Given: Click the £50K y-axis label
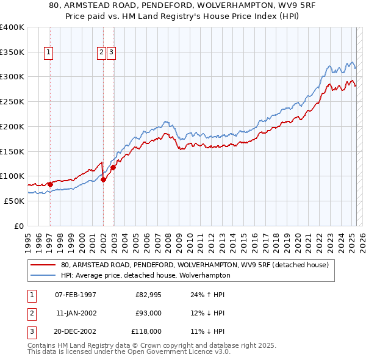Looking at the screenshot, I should click(15, 201).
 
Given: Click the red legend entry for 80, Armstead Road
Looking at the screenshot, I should click(195, 265).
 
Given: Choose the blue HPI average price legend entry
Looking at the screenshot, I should click(152, 275).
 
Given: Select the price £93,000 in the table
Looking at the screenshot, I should click(148, 313).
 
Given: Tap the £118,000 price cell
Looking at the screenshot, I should click(147, 331).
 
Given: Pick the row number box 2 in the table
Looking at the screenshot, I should click(30, 313).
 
